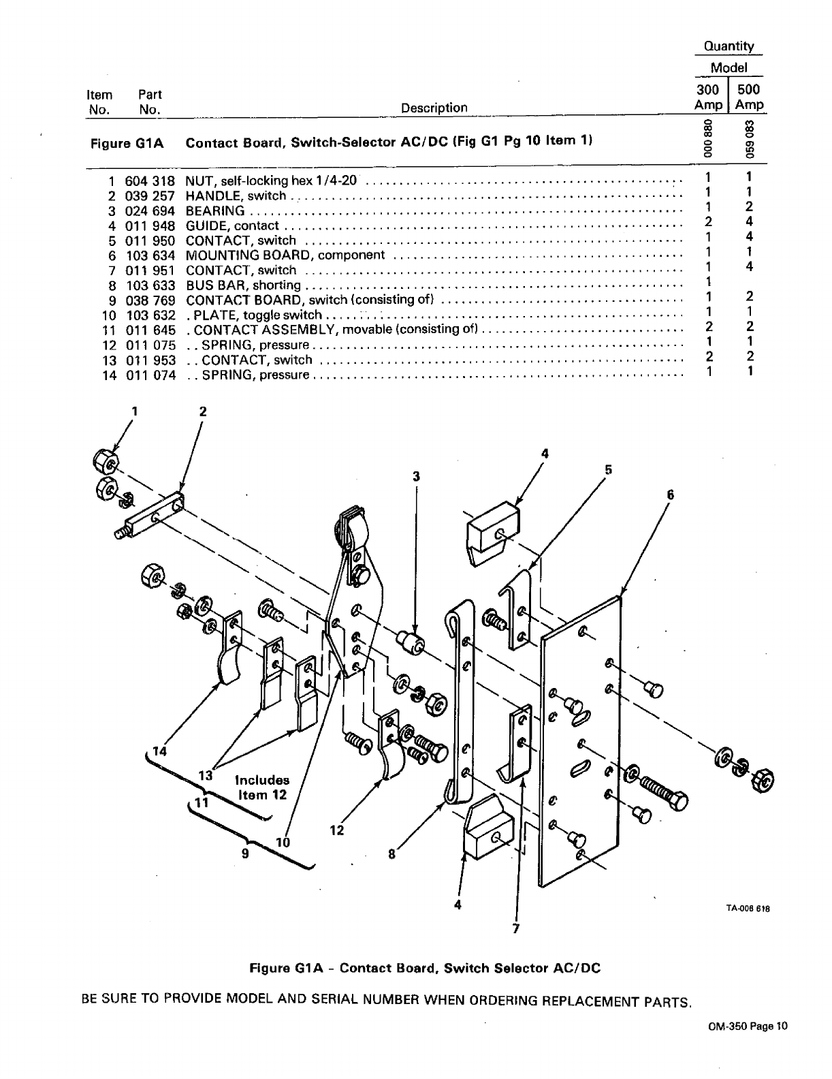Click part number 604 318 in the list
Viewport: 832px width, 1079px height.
pos(150,181)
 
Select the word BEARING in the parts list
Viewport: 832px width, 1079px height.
pos(215,210)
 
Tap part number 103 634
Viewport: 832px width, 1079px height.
pos(150,255)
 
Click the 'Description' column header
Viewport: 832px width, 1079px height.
pos(434,108)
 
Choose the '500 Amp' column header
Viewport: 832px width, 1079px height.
pos(748,97)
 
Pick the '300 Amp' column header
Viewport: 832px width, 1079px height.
pos(708,97)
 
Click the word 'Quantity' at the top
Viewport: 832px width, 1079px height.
pos(729,46)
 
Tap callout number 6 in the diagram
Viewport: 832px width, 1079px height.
pos(670,495)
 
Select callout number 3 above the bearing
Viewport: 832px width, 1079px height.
pos(416,476)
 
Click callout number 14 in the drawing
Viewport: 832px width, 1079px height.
pos(159,751)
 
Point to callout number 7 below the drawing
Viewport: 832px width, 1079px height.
pos(515,928)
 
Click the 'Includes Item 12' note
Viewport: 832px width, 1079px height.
pos(262,787)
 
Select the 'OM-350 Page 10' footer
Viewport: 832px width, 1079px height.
pos(748,1046)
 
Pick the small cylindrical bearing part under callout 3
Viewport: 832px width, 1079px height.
pos(412,642)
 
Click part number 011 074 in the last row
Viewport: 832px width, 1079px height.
pos(150,375)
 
